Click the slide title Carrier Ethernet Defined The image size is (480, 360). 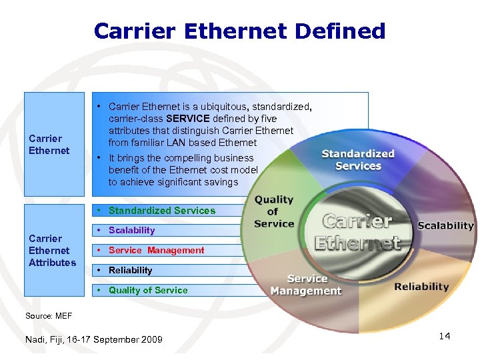pyautogui.click(x=240, y=31)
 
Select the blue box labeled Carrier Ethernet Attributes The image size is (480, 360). pyautogui.click(x=53, y=251)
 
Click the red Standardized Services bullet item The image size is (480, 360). pyautogui.click(x=162, y=211)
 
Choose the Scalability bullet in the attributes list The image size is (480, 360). pyautogui.click(x=131, y=231)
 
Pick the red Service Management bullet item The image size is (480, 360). pyautogui.click(x=156, y=251)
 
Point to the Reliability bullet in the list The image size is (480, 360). pyautogui.click(x=130, y=271)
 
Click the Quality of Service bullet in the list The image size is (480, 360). pyautogui.click(x=148, y=291)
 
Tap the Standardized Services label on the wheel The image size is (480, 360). pyautogui.click(x=358, y=160)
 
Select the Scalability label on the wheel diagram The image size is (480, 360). pyautogui.click(x=445, y=225)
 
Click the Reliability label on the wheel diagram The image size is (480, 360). pyautogui.click(x=421, y=287)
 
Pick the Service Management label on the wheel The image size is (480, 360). pyautogui.click(x=306, y=285)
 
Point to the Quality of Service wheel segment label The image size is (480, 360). pyautogui.click(x=273, y=211)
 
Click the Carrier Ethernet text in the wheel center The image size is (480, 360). pyautogui.click(x=358, y=231)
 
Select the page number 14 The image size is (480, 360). pyautogui.click(x=445, y=336)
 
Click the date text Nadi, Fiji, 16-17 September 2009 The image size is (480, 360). pyautogui.click(x=93, y=340)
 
